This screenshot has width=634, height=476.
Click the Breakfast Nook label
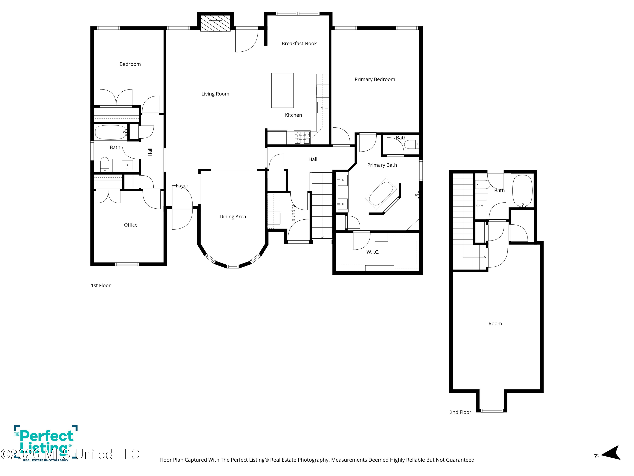click(299, 44)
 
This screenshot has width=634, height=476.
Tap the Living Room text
click(215, 94)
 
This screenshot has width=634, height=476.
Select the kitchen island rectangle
click(282, 90)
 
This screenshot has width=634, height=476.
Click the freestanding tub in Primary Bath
click(381, 193)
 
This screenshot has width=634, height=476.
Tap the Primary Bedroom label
click(375, 80)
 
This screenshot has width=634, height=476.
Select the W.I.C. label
click(373, 252)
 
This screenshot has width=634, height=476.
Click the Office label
click(130, 225)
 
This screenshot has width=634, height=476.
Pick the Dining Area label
click(233, 217)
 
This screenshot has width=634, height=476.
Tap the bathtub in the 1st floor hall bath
click(111, 132)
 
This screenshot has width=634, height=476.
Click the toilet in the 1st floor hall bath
click(105, 164)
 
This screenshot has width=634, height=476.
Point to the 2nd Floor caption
click(460, 412)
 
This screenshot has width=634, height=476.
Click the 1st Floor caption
click(101, 285)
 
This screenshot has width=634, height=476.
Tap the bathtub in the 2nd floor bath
click(522, 191)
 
